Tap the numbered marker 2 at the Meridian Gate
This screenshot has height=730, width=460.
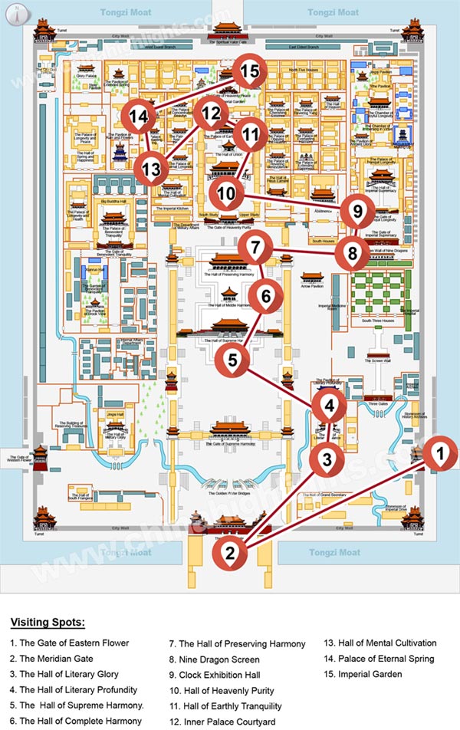click(228, 551)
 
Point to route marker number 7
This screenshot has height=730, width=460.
click(256, 248)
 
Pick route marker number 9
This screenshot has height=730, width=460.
click(356, 209)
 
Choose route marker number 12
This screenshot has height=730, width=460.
click(211, 114)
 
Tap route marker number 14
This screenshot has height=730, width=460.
click(139, 117)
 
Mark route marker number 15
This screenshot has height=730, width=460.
click(249, 72)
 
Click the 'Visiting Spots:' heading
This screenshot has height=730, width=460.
click(48, 622)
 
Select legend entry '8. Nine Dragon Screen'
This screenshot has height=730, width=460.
click(214, 659)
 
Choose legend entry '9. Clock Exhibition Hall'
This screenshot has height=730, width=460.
click(219, 675)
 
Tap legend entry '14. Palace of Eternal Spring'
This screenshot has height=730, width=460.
click(379, 659)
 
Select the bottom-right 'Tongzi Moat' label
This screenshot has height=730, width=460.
click(333, 552)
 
